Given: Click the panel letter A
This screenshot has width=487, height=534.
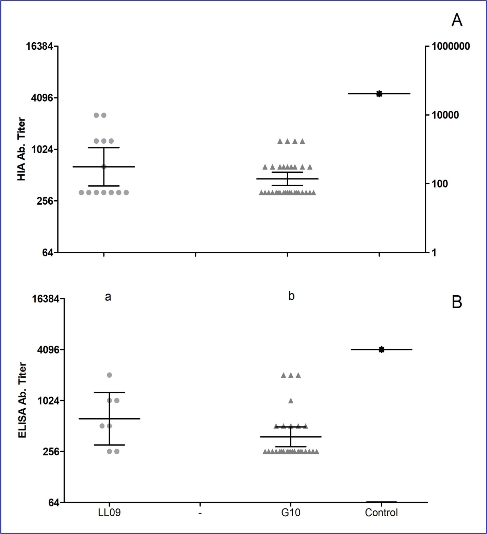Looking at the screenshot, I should click(457, 21).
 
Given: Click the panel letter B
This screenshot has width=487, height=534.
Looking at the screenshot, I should click(457, 302).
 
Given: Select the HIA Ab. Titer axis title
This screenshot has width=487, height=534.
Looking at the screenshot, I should click(21, 149).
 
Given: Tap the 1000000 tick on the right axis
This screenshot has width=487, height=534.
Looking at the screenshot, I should click(451, 46).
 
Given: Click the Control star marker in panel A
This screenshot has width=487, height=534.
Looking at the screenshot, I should click(379, 94).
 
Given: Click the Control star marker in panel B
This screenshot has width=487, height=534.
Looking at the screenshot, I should click(382, 349).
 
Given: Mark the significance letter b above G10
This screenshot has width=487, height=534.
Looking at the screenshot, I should click(291, 296).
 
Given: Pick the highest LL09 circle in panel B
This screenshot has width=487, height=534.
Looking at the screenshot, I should click(110, 375).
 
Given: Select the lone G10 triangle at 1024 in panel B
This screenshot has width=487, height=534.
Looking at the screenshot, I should click(291, 400).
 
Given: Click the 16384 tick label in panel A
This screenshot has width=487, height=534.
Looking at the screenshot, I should click(42, 46).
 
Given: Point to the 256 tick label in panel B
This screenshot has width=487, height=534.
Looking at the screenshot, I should click(46, 452).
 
